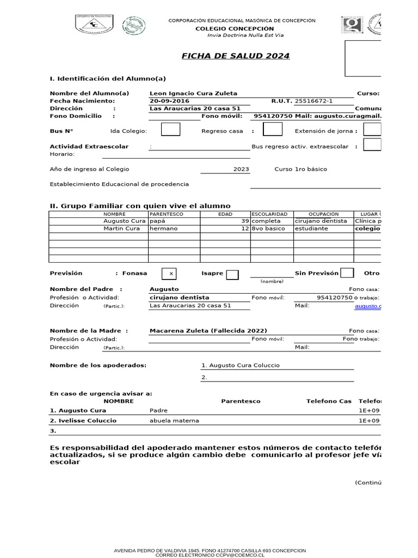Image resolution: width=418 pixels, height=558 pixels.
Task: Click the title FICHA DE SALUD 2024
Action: pos(235,56)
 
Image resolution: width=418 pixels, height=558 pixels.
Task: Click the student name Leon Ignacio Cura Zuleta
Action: pos(193,93)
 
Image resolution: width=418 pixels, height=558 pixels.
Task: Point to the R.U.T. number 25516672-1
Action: pos(313,101)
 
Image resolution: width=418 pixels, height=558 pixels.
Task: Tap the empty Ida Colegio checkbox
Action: pos(170,130)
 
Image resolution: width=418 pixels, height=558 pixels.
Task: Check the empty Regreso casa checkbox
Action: pos(272,130)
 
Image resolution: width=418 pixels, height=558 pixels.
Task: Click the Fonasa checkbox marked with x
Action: pos(171,274)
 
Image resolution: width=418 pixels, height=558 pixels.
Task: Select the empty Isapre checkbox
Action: pos(232,274)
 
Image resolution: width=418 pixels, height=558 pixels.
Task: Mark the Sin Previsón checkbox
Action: pos(347,274)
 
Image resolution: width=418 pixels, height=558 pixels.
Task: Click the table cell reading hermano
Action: pos(164,229)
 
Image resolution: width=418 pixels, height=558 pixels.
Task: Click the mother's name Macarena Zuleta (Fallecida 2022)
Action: pos(208,331)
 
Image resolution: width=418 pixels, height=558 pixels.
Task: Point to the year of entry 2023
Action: pos(241,169)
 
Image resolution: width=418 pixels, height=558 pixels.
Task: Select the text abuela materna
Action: pos(174,421)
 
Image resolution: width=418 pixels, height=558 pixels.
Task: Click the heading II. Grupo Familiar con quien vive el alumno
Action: pos(136,205)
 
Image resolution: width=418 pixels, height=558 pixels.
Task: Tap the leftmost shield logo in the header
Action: pos(93,25)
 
